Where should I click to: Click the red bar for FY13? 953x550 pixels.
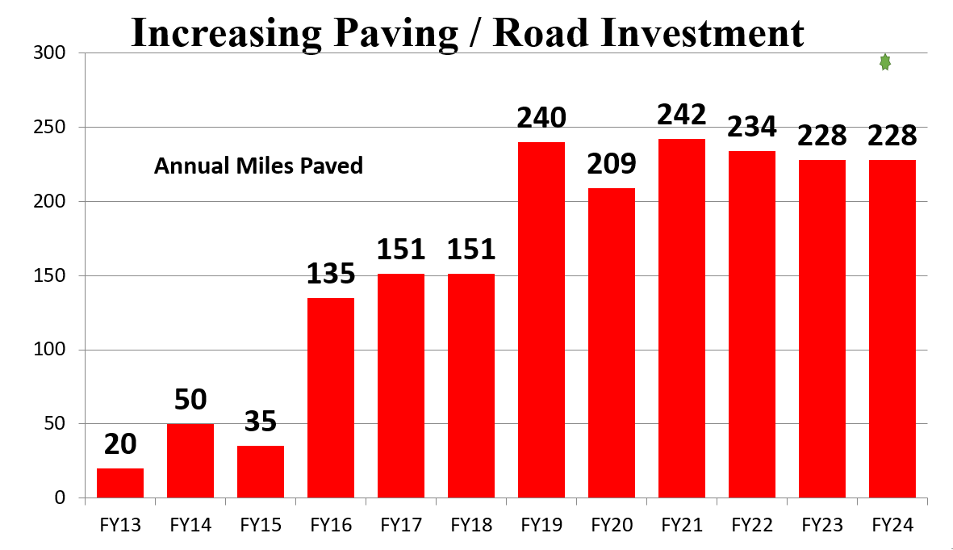click(x=120, y=483)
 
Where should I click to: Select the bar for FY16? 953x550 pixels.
click(x=331, y=397)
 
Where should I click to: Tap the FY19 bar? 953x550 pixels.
click(x=541, y=320)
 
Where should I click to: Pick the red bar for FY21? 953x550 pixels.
click(x=682, y=318)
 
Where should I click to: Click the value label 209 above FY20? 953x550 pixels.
click(x=612, y=164)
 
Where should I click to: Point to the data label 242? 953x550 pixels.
click(x=682, y=115)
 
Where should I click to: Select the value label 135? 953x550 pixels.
click(x=331, y=274)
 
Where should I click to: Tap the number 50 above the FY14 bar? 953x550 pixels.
click(x=190, y=399)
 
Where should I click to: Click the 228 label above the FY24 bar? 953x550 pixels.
click(x=892, y=135)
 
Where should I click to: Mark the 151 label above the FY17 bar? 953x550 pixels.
click(x=401, y=250)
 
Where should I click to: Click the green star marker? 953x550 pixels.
click(x=885, y=62)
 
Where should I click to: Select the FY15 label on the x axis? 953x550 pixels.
click(x=261, y=526)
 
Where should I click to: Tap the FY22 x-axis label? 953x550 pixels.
click(x=752, y=526)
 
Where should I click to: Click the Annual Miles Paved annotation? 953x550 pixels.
click(x=258, y=166)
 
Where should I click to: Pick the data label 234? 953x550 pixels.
click(x=752, y=127)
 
